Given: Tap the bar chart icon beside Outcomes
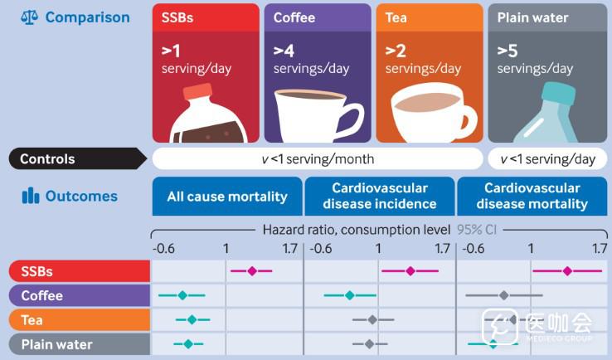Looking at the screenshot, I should coord(31,197).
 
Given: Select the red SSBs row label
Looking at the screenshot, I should coord(79,271).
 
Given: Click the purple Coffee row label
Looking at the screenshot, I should coord(79,296).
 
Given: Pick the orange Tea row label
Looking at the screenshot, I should coord(79,320).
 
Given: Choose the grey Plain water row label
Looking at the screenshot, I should coord(79,344).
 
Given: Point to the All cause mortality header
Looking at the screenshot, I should coord(227,197).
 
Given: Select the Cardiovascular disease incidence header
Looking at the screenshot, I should coord(380,197).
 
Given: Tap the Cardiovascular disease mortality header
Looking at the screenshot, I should coord(532,197).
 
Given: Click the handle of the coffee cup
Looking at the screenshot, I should coord(350,117).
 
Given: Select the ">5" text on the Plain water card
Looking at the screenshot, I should coord(508,51).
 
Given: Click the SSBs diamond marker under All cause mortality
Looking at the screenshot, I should coord(252,270).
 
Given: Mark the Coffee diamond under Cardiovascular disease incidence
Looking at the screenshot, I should coord(350,295).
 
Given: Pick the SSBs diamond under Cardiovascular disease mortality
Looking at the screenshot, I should coord(567,270).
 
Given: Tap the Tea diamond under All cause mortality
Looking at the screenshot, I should coord(192,319).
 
